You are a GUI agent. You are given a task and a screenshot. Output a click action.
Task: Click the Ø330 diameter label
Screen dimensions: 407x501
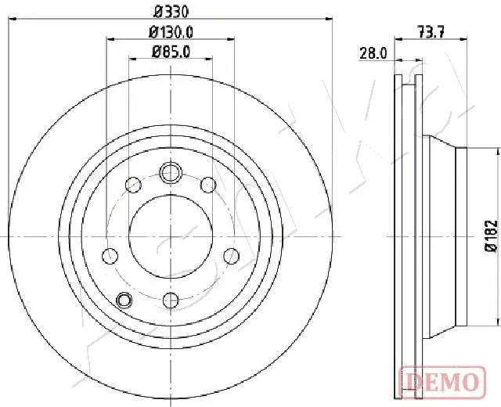pyautogui.click(x=171, y=11)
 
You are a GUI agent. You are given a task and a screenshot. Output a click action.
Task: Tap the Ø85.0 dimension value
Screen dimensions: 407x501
pyautogui.click(x=171, y=52)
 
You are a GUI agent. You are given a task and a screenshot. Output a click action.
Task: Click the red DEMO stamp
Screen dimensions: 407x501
pyautogui.click(x=440, y=381)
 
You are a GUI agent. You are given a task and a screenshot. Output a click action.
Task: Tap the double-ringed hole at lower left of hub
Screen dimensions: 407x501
pyautogui.click(x=124, y=299)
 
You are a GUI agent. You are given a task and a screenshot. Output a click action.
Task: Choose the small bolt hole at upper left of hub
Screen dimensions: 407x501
pyautogui.click(x=134, y=185)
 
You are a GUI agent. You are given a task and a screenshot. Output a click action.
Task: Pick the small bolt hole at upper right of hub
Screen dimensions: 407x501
pyautogui.click(x=207, y=185)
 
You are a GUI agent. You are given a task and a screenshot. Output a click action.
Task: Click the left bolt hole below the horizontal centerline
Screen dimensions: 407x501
pyautogui.click(x=110, y=255)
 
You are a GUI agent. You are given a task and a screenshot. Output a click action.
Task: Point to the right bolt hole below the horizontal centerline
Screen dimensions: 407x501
pyautogui.click(x=231, y=255)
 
